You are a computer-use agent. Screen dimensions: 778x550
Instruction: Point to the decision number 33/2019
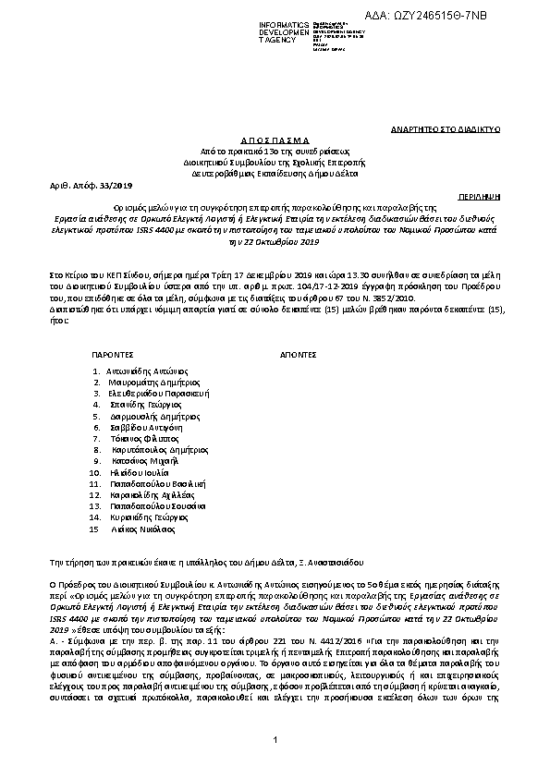93,185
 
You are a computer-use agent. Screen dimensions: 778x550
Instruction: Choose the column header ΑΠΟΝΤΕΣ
299,354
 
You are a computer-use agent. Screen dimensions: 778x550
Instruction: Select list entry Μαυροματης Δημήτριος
148,382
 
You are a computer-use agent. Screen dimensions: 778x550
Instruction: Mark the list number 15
92,529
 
